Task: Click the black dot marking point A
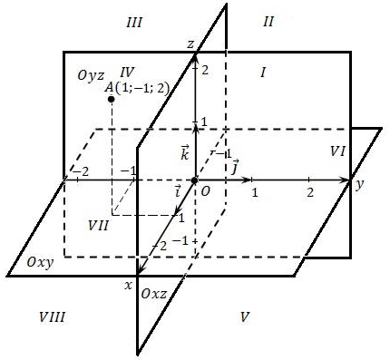coord(112,99)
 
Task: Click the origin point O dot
coord(194,180)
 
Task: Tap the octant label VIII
coord(52,317)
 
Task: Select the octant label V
coord(244,317)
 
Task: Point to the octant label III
coord(134,23)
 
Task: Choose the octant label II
coord(268,22)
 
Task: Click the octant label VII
coord(98,226)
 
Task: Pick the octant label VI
coord(337,151)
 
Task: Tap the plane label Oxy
coord(40,262)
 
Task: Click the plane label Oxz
coord(153,294)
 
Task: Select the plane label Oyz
coord(91,75)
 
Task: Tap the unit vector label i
coord(178,191)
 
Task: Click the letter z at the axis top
coord(190,44)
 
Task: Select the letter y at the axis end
coord(358,185)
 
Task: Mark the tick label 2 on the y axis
coord(310,192)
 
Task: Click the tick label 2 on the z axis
coord(205,71)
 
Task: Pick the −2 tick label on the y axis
coord(81,171)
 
